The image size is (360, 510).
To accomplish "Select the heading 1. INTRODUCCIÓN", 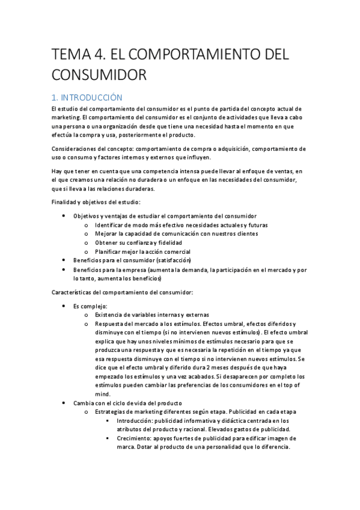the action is [87, 97].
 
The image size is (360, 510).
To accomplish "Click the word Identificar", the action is [109, 225].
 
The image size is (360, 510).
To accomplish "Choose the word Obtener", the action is [106, 242].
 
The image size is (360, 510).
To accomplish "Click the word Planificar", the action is [109, 251].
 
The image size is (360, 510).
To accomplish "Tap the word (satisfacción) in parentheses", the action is [173, 260].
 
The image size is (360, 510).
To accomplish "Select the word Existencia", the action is [110, 315].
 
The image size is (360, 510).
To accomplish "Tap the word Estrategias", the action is [111, 412].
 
